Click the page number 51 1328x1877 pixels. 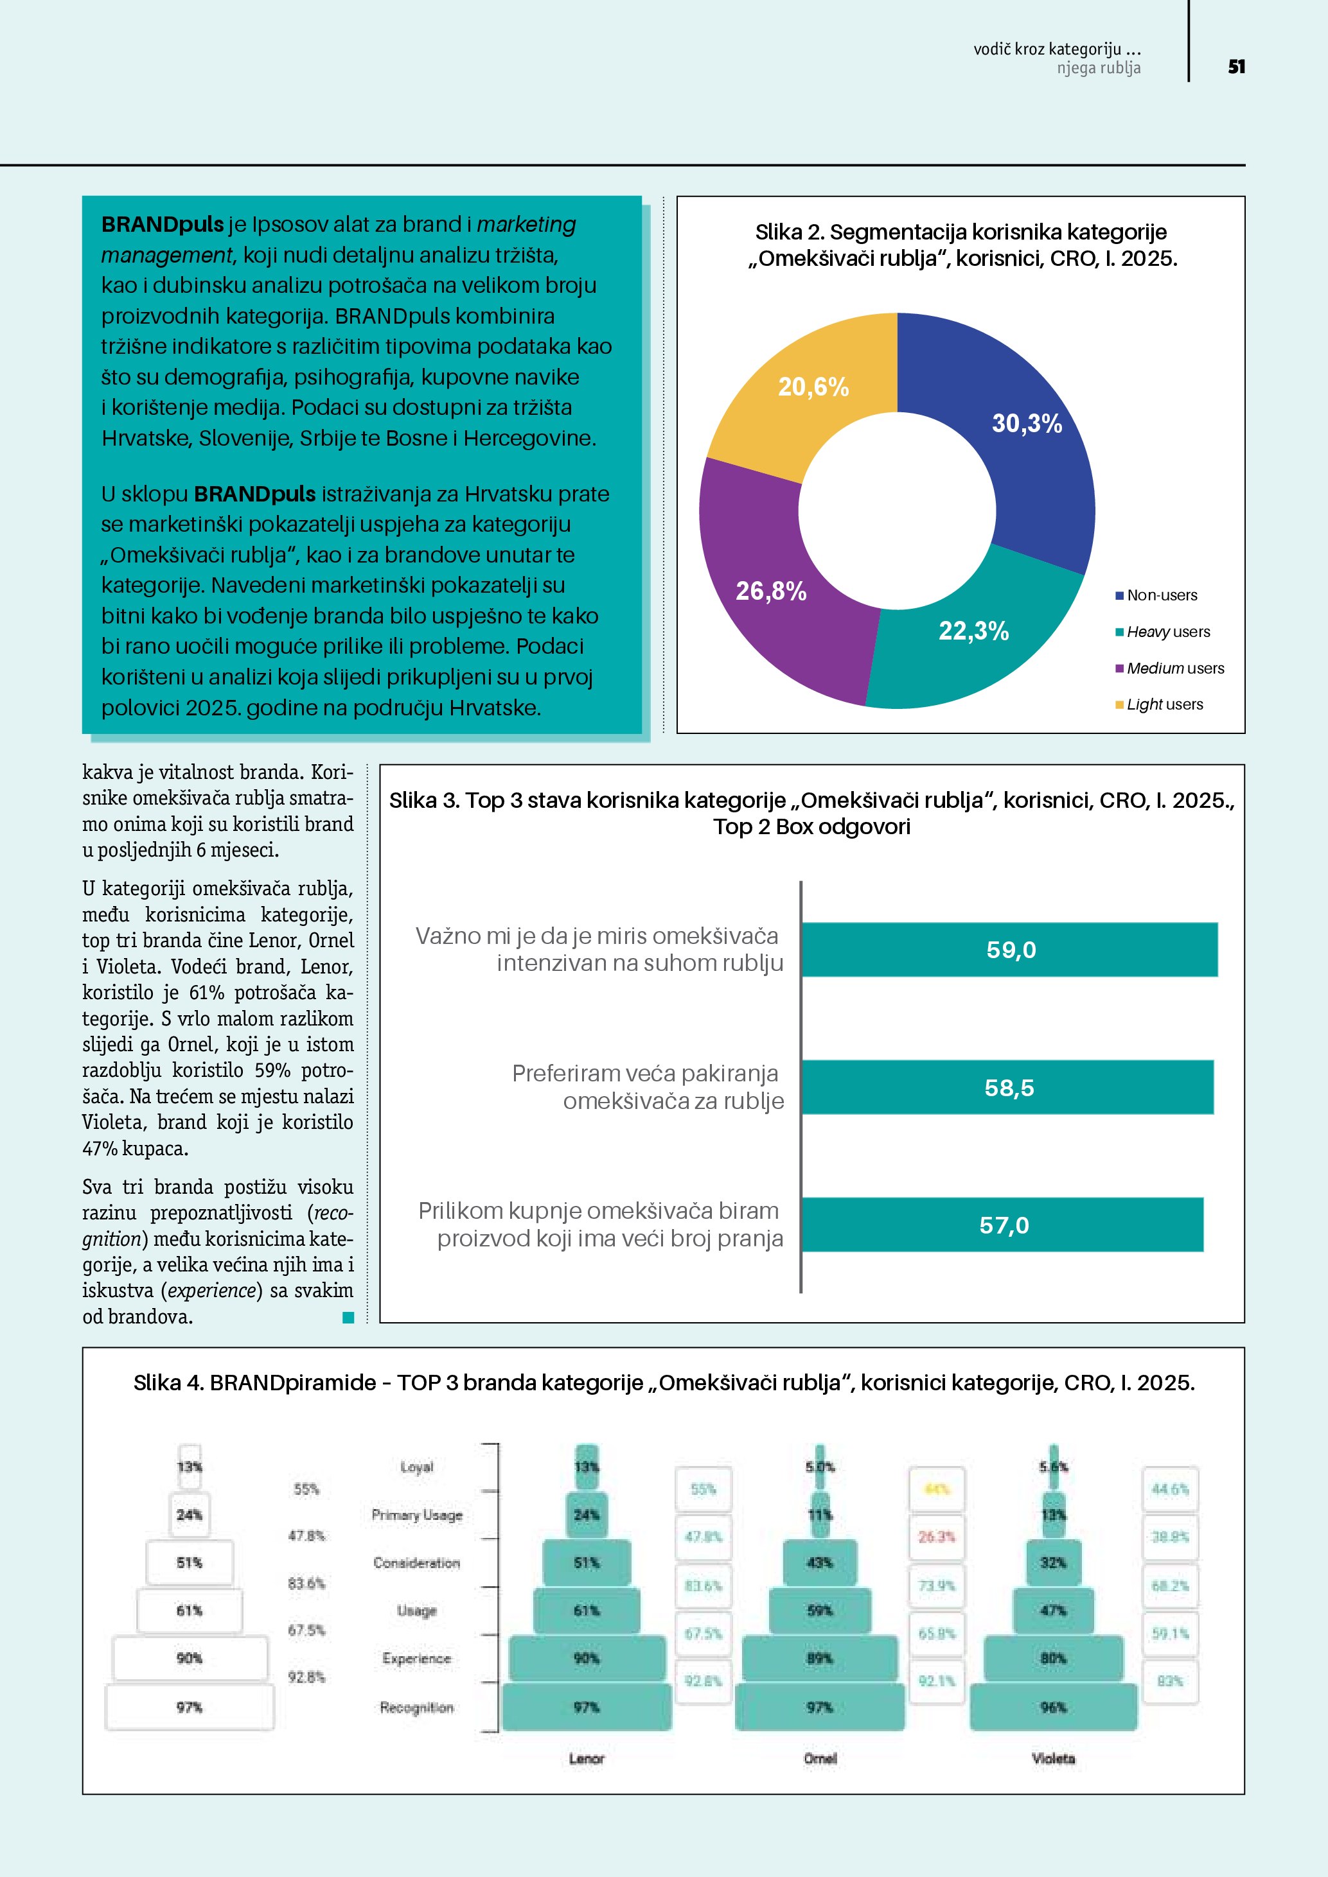coord(1235,67)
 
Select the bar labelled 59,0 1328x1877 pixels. coord(1009,950)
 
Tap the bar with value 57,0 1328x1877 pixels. coord(1002,1225)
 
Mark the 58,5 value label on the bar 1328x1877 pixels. coord(1009,1088)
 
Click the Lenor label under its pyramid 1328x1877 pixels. coord(587,1758)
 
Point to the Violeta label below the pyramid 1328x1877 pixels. coord(1053,1758)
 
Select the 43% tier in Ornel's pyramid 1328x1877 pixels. coord(819,1563)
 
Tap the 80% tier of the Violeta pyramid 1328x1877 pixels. coord(1053,1659)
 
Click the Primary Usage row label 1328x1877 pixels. coord(417,1515)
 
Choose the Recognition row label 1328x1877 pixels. coord(416,1707)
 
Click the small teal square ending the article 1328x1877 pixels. coord(348,1317)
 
